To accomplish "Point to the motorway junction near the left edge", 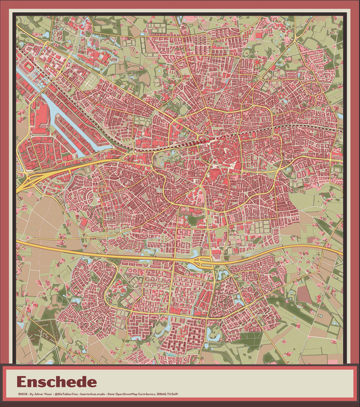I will [30, 181].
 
